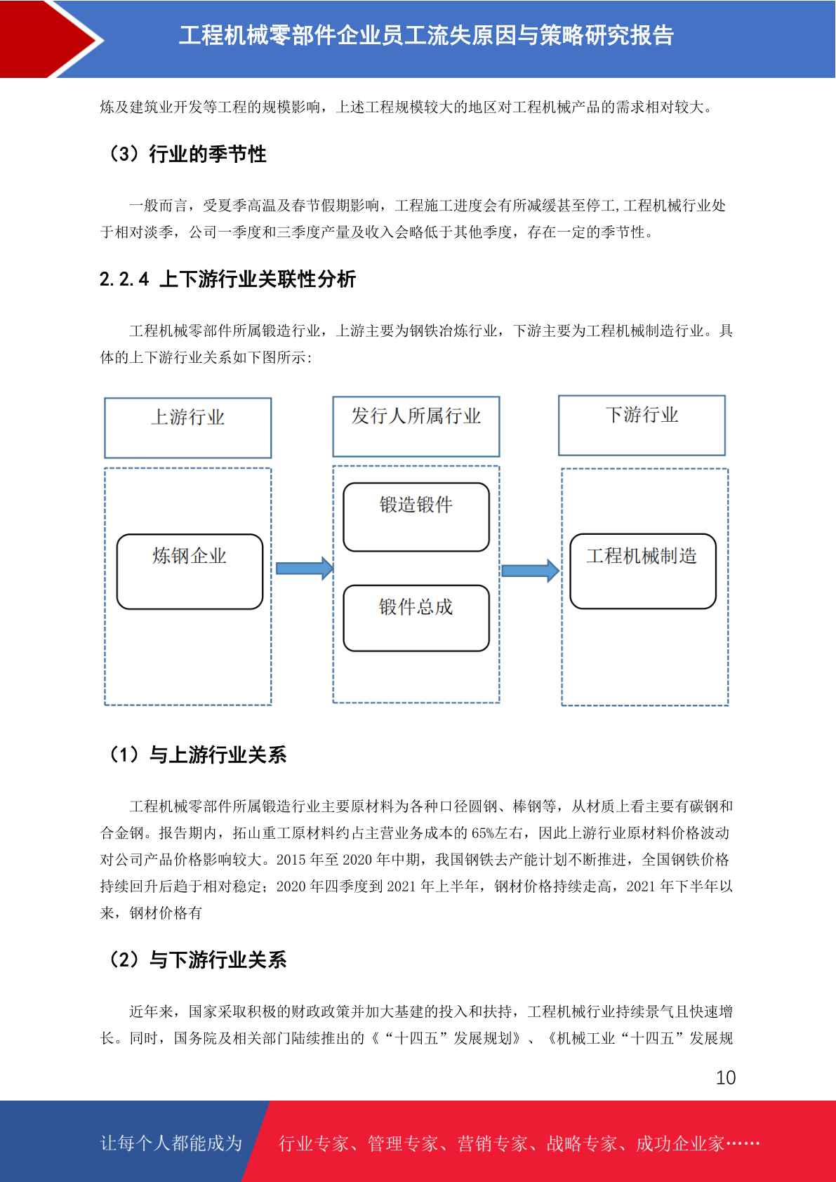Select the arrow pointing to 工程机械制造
tap(531, 571)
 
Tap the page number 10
tap(725, 1077)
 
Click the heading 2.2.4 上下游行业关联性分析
tap(227, 279)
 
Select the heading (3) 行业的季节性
tap(186, 154)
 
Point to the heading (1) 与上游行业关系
tap(197, 754)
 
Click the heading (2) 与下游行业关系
tap(197, 959)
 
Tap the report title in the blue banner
tap(427, 35)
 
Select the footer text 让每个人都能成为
tap(171, 1143)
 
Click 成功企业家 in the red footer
tap(679, 1143)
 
